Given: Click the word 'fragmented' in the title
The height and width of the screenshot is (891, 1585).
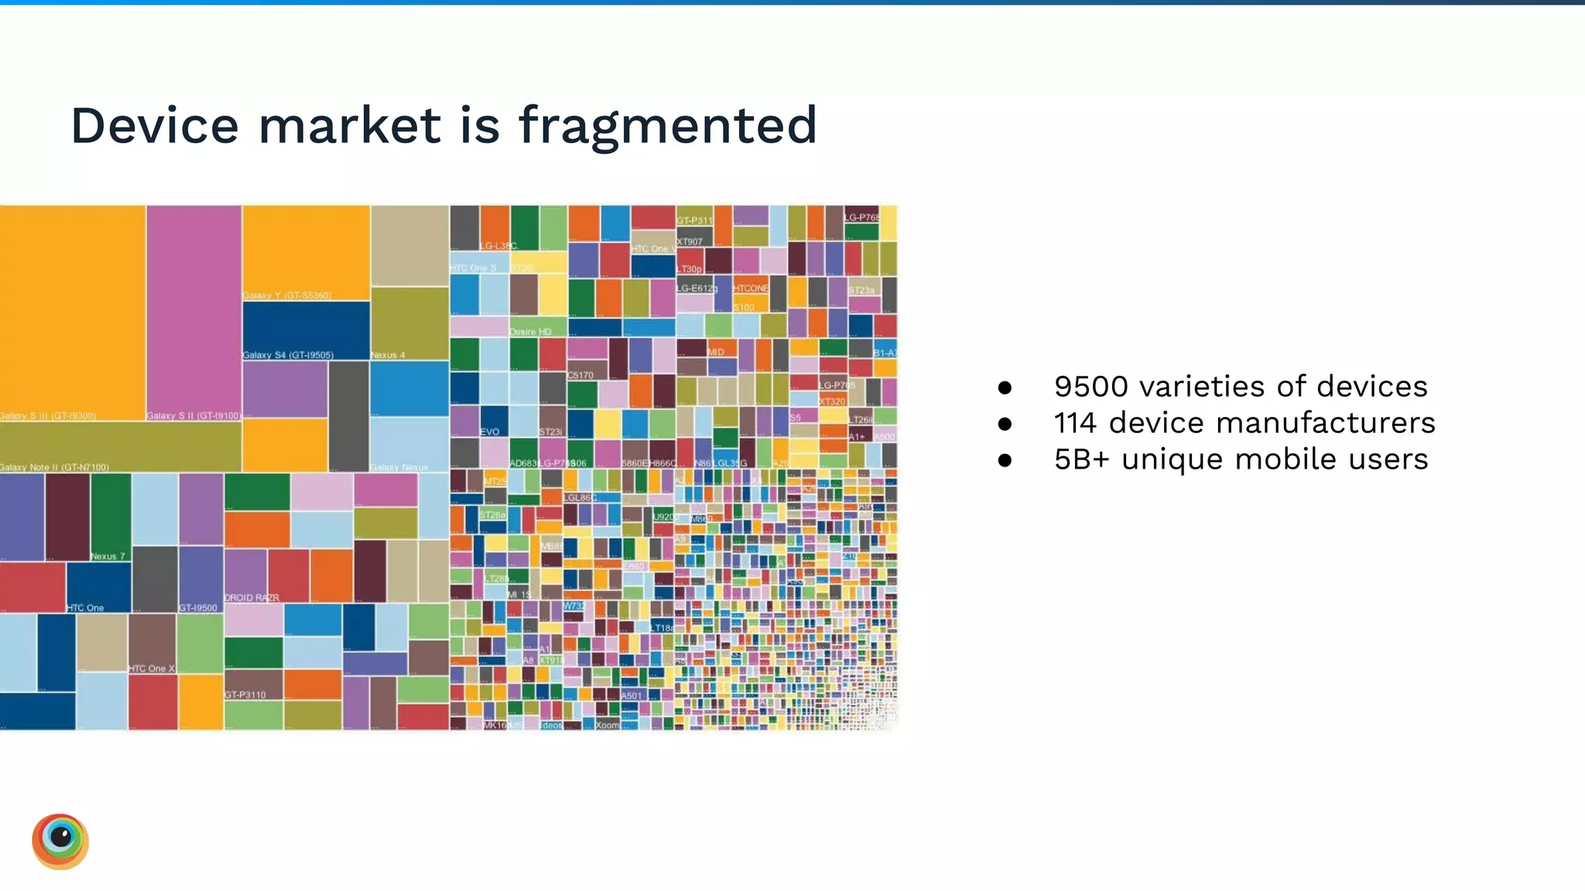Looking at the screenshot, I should [x=667, y=125].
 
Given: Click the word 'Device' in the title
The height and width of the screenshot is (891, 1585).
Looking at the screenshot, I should [x=155, y=125].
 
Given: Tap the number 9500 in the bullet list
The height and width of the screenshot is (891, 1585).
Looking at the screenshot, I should [x=1092, y=386].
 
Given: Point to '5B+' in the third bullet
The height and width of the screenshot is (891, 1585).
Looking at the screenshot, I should [x=1081, y=459].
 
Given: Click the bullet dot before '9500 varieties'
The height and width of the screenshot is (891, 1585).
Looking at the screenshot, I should [x=1005, y=387].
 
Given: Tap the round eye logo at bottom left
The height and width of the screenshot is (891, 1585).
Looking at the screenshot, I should [x=60, y=841].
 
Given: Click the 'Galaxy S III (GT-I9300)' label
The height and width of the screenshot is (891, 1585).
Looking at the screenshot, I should [x=48, y=416].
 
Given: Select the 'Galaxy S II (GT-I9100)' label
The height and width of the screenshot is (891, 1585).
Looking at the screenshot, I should [x=193, y=416].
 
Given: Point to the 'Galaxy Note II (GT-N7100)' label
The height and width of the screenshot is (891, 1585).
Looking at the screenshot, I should [x=54, y=467].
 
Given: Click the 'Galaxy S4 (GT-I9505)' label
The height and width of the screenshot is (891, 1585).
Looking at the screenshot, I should [x=288, y=355].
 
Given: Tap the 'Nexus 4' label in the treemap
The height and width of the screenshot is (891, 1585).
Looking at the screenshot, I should [x=388, y=355].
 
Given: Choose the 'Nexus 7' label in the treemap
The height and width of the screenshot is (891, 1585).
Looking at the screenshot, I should [x=108, y=556].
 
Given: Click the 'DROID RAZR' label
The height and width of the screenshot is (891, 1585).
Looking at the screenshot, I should [x=252, y=598].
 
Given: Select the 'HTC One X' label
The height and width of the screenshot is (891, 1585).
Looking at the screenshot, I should [x=152, y=668].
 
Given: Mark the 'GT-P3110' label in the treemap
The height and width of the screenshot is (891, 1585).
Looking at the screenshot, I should [x=245, y=695].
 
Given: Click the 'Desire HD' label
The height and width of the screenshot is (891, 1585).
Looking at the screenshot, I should [x=530, y=332].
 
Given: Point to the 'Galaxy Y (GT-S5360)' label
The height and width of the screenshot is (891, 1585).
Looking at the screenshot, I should [x=287, y=295].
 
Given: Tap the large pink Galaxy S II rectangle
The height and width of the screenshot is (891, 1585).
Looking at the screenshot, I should [x=193, y=309].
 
